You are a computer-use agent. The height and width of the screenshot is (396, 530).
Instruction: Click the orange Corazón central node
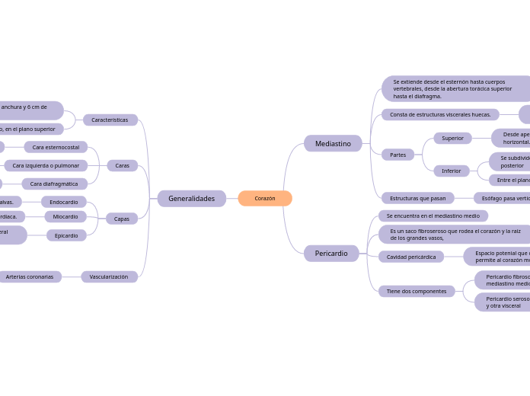[x=265, y=199]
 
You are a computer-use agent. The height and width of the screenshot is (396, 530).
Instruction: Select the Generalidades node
[x=191, y=199]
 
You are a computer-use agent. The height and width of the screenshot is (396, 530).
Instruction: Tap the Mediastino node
[x=333, y=143]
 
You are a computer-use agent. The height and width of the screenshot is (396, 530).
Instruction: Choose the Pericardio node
[x=331, y=254]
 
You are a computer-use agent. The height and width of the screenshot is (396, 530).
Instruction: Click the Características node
[x=110, y=120]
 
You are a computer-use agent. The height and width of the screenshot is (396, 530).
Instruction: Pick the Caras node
[x=122, y=165]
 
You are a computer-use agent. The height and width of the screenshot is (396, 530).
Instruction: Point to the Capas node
[x=122, y=219]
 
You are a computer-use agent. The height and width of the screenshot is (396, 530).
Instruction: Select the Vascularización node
[x=109, y=277]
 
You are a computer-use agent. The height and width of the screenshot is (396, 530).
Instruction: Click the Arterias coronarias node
[x=30, y=277]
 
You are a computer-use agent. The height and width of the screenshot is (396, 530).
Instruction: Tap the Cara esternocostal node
[x=56, y=147]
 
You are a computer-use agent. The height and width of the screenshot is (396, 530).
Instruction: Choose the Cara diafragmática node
[x=54, y=184]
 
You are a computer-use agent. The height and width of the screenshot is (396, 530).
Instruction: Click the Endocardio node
[x=64, y=203]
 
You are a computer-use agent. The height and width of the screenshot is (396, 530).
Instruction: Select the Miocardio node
[x=65, y=217]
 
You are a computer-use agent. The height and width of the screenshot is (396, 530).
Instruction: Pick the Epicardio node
[x=66, y=236]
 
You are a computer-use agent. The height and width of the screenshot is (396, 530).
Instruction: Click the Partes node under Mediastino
[x=397, y=155]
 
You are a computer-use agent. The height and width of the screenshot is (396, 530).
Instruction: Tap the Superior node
[x=452, y=139]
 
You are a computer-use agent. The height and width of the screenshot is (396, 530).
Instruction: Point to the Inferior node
[x=452, y=171]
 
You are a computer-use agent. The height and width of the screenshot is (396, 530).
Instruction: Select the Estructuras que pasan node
[x=417, y=198]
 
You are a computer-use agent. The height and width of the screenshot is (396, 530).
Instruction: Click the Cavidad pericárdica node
[x=411, y=257]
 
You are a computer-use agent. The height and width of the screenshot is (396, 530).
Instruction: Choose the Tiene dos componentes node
[x=417, y=291]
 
